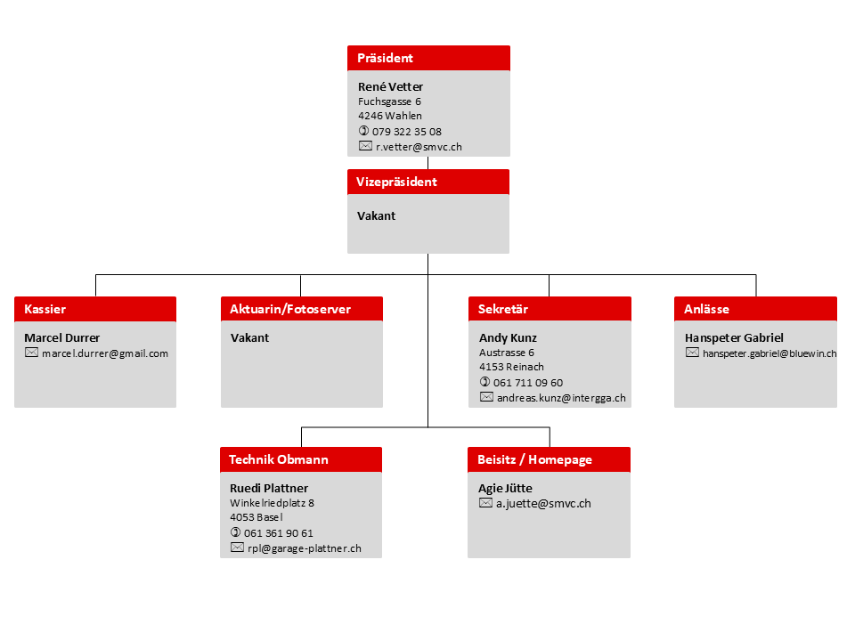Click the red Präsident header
(x=428, y=58)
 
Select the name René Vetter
(x=390, y=86)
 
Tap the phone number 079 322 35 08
(x=407, y=132)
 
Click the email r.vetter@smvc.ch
(x=419, y=147)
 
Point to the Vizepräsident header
(x=428, y=182)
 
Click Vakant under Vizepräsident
(x=376, y=215)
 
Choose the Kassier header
(x=95, y=309)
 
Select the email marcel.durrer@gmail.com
(x=105, y=353)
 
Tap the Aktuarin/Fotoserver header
(x=302, y=309)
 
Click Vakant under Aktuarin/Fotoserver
(x=249, y=338)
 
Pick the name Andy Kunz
(x=508, y=338)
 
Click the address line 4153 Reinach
(x=511, y=367)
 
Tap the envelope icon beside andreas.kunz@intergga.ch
(x=486, y=397)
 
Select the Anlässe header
(x=755, y=309)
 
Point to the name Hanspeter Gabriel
(x=734, y=338)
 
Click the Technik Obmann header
(x=301, y=459)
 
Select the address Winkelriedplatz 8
(x=273, y=502)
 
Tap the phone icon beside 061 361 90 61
(x=235, y=532)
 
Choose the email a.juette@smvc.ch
(x=543, y=504)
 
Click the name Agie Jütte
(x=505, y=489)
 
